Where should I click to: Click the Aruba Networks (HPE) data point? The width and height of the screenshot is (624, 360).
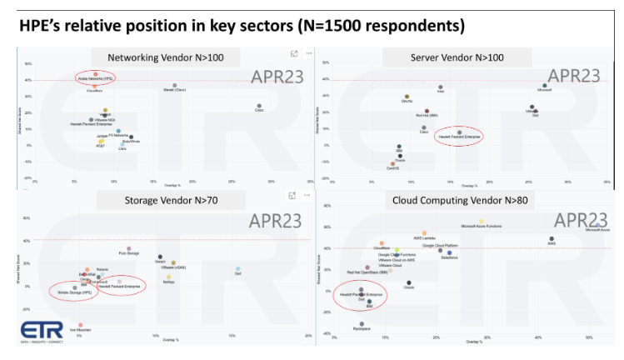coord(95,73)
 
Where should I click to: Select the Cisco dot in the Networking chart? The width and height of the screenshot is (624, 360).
coord(260,106)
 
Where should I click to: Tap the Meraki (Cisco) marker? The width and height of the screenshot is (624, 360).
coord(175,85)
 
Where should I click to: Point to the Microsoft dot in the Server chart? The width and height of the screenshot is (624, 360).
coord(545,85)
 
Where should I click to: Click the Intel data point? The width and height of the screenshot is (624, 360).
coord(441,87)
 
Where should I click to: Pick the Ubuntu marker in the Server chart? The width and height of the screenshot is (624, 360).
coord(407,97)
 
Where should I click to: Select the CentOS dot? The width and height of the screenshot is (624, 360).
coord(393,163)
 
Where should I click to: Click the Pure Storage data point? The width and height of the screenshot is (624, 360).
coord(129,248)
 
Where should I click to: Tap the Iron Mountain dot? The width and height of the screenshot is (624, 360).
coord(80,325)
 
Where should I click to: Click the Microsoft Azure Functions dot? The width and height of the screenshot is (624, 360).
coord(482,221)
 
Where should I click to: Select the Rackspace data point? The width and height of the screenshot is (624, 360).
coord(362,324)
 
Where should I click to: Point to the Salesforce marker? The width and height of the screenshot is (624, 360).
coord(449,252)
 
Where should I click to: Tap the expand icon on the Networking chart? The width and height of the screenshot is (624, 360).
coord(293,53)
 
